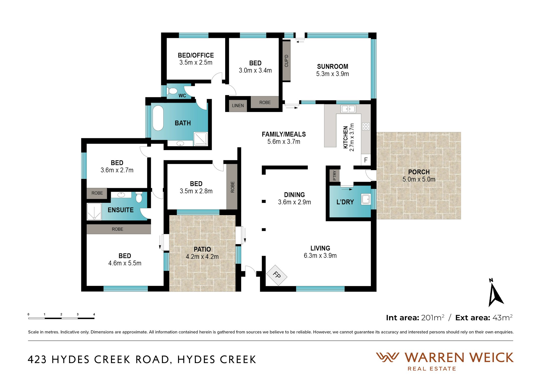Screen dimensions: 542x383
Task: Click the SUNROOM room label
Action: [x=332, y=67]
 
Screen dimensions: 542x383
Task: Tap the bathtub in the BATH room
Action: [x=158, y=118]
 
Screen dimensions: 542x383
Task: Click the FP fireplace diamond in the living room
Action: [x=277, y=275]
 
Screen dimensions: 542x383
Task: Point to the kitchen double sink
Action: [x=348, y=109]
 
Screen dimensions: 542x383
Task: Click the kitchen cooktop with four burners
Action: [x=366, y=126]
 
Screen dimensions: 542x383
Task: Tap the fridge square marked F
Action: [x=366, y=160]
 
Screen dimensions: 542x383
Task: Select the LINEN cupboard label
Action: [x=238, y=106]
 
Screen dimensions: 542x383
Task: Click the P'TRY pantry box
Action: [x=334, y=175]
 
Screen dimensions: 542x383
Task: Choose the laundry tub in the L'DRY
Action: [x=366, y=199]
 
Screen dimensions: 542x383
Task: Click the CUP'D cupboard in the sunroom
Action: [x=286, y=61]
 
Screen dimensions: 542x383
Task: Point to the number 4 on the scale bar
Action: [x=94, y=314]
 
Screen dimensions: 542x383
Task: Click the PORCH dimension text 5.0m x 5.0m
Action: [x=419, y=179]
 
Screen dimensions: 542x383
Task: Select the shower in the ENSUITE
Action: [x=94, y=212]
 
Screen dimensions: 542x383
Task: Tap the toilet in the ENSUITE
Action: [x=139, y=197]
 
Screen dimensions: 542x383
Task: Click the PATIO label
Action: [x=202, y=249]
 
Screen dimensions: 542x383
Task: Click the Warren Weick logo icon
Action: [x=387, y=357]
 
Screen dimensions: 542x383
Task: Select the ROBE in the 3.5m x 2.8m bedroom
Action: [x=232, y=187]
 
